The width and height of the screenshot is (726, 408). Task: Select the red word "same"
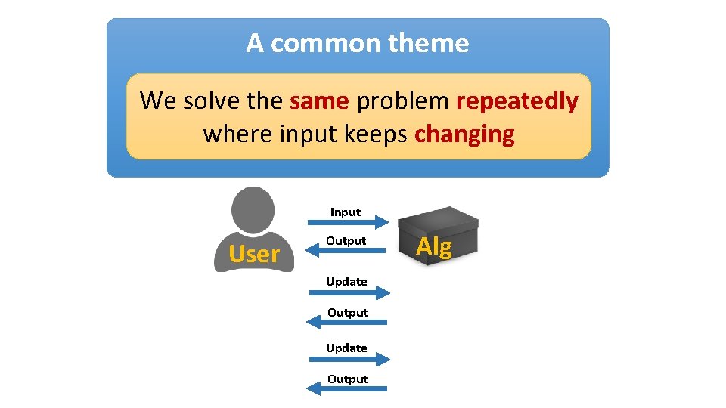click(x=318, y=100)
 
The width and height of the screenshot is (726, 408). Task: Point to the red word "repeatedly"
click(x=517, y=100)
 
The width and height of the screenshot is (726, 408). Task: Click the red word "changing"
click(x=464, y=134)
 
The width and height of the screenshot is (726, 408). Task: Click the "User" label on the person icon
click(x=254, y=255)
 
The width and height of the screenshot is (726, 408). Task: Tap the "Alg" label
click(x=434, y=247)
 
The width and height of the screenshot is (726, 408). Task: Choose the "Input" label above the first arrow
click(x=346, y=212)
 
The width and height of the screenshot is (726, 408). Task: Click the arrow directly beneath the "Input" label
click(x=348, y=222)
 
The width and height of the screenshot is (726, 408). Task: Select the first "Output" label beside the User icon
click(x=346, y=241)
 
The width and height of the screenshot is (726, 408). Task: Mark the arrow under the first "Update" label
click(x=349, y=292)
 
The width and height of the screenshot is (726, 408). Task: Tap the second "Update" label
click(x=346, y=348)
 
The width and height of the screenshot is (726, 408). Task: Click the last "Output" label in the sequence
click(x=347, y=379)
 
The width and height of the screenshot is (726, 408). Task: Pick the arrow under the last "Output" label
click(x=347, y=389)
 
